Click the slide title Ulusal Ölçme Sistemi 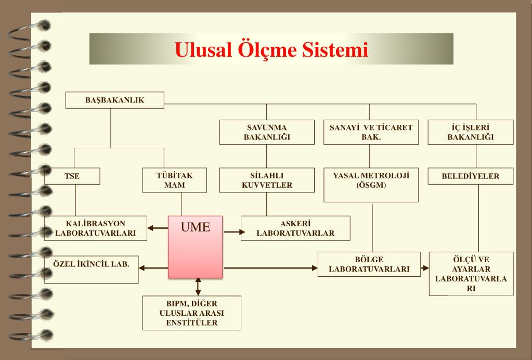click(271, 49)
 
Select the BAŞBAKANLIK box click(114, 100)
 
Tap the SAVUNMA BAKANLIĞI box click(267, 132)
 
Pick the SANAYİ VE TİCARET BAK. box click(371, 132)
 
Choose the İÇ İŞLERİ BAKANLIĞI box click(471, 132)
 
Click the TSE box click(72, 176)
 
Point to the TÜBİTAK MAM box click(175, 180)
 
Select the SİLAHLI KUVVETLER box click(267, 180)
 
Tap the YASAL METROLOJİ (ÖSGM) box click(371, 184)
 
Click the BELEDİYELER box click(471, 176)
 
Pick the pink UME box click(196, 247)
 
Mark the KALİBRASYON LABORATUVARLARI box click(96, 228)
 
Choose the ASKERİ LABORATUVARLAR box click(295, 228)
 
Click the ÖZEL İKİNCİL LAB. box click(92, 267)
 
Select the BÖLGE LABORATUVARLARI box click(369, 264)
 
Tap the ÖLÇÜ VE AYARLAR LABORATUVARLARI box click(471, 273)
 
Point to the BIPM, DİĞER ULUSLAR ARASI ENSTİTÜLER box click(192, 313)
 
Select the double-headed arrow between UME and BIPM click(198, 287)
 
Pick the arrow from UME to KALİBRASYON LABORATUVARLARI click(158, 227)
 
